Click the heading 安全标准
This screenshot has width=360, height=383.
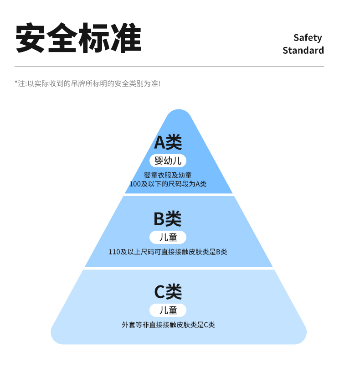coord(78,38)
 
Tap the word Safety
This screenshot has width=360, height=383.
coord(308,38)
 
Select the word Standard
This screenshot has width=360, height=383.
coord(303,50)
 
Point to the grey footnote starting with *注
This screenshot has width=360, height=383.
coord(87,83)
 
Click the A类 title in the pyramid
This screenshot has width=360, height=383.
coord(168,142)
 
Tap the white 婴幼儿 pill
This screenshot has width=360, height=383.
coord(168,160)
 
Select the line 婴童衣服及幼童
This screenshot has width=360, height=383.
coord(168,175)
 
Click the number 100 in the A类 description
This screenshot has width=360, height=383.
coord(135,184)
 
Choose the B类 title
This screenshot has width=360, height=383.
coord(168,218)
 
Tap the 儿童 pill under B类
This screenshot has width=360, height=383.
coord(168,237)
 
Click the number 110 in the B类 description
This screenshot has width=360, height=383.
coord(114,252)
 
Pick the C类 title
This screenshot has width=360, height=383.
coord(168,292)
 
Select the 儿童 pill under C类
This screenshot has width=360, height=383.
coord(168,310)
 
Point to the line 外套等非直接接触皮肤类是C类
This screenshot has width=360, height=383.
coord(168,325)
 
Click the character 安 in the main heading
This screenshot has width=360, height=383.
coord(30,38)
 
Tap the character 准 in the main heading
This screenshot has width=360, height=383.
coord(127,38)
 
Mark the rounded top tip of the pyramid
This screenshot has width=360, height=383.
coord(179,110)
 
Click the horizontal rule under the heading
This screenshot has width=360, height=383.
coord(169,67)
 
